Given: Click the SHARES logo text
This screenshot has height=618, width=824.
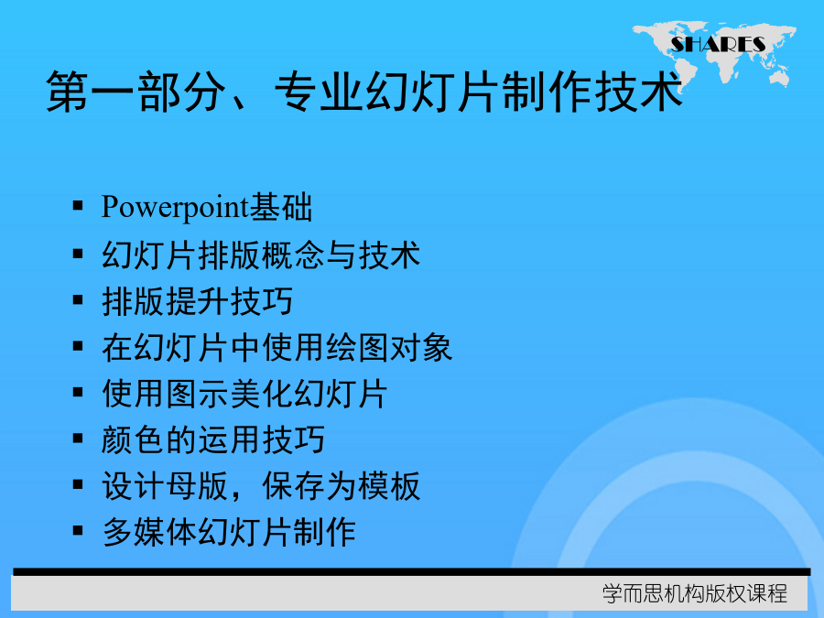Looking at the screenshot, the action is pyautogui.click(x=718, y=45).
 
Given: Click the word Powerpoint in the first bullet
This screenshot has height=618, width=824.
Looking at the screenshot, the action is pyautogui.click(x=175, y=207).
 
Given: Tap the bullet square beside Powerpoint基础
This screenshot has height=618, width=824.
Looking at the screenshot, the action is pyautogui.click(x=78, y=205).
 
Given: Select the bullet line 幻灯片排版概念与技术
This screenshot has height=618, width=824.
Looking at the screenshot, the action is pyautogui.click(x=261, y=255).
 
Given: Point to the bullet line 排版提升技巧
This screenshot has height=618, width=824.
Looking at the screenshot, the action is pyautogui.click(x=197, y=301).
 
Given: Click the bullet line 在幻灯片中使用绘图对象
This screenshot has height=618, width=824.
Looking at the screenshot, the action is pyautogui.click(x=276, y=348).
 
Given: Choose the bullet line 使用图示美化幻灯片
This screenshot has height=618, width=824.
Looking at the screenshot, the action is pyautogui.click(x=244, y=394).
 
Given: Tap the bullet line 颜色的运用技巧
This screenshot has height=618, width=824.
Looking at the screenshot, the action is pyautogui.click(x=213, y=439).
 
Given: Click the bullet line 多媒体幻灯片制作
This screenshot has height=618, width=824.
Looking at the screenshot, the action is pyautogui.click(x=229, y=532).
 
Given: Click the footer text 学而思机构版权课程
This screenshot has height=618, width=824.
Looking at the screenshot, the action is pyautogui.click(x=695, y=594).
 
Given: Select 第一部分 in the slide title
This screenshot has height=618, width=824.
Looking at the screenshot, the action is pyautogui.click(x=136, y=92).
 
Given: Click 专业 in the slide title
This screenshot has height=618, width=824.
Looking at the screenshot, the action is pyautogui.click(x=319, y=92).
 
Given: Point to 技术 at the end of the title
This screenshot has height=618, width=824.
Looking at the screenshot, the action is pyautogui.click(x=638, y=92).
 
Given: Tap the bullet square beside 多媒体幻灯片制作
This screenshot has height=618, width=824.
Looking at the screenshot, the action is pyautogui.click(x=78, y=531).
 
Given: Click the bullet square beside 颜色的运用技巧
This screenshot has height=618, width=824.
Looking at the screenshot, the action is pyautogui.click(x=78, y=439).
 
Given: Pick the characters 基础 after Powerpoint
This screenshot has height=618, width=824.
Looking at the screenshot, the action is pyautogui.click(x=281, y=207).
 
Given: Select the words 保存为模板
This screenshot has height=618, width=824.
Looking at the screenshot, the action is pyautogui.click(x=342, y=486).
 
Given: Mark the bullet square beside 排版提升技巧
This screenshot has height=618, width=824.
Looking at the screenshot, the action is pyautogui.click(x=78, y=300).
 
